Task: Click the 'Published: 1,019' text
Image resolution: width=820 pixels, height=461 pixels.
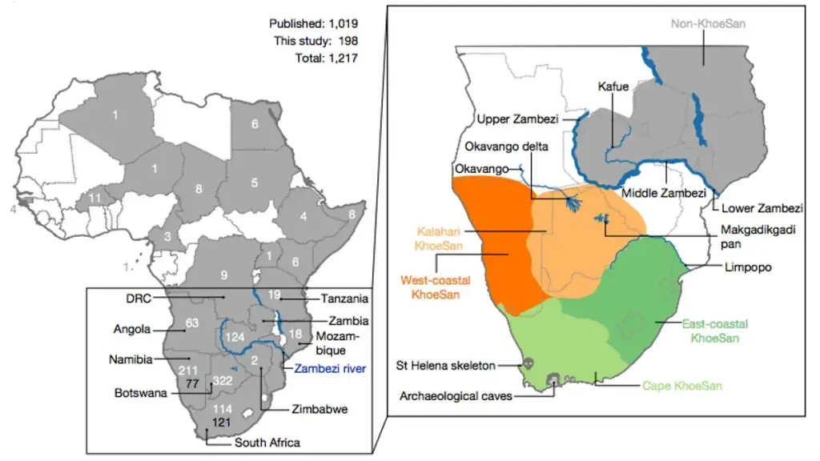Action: tap(313, 24)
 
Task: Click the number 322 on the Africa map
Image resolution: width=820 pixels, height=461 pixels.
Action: tap(223, 383)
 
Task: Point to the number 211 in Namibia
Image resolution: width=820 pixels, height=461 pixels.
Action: tap(187, 371)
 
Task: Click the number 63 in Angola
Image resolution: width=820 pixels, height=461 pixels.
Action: tap(191, 323)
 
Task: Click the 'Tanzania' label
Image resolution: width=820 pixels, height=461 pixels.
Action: tap(344, 299)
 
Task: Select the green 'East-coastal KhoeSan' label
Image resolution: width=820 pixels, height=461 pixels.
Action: tap(715, 331)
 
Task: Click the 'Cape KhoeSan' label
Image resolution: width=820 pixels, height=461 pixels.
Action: tap(682, 386)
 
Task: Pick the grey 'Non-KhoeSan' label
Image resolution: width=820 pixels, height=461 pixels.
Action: tap(708, 24)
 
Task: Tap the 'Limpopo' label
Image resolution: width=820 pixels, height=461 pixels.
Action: tap(746, 267)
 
